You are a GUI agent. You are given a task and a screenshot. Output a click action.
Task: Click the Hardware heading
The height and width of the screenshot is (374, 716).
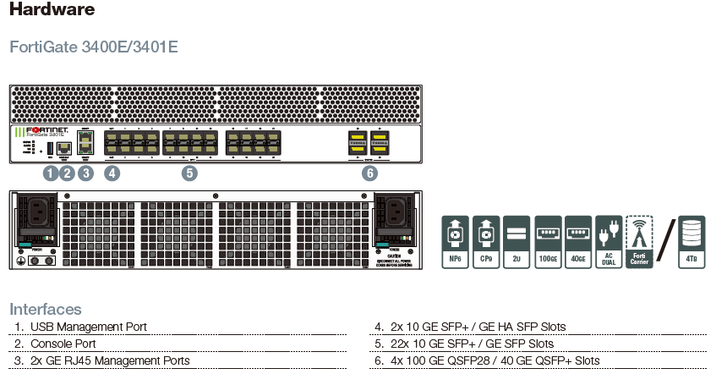click(x=52, y=10)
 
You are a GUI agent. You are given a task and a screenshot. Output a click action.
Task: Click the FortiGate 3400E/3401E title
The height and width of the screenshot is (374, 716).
click(x=93, y=47)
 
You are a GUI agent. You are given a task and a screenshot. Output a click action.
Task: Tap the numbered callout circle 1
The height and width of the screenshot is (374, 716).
click(x=50, y=173)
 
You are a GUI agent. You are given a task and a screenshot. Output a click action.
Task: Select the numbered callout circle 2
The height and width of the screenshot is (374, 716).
click(x=68, y=173)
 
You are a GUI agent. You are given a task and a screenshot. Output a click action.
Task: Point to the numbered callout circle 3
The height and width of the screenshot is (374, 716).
click(x=85, y=173)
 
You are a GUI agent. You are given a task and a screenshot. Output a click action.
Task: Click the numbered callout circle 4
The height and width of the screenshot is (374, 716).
click(x=112, y=173)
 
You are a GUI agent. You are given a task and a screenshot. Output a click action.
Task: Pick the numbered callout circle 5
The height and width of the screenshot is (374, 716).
click(x=189, y=173)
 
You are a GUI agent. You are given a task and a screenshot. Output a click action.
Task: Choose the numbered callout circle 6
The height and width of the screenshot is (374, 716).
click(x=369, y=173)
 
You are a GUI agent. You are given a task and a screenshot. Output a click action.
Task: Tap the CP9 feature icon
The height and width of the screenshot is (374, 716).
click(x=487, y=241)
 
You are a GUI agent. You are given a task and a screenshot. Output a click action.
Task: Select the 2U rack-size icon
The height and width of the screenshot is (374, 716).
click(x=517, y=241)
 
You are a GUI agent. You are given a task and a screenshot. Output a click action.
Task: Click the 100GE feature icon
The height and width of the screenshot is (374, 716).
click(x=548, y=241)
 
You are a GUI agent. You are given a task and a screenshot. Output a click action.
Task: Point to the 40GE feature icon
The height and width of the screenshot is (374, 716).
click(x=578, y=241)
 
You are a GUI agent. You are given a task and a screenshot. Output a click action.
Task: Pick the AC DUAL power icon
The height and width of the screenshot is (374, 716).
click(x=609, y=241)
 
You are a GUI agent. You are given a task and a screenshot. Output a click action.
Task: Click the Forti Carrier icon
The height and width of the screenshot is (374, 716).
click(x=639, y=241)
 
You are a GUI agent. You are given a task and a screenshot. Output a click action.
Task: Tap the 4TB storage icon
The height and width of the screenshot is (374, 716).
click(x=692, y=241)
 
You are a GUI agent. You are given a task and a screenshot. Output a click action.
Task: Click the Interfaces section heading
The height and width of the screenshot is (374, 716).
click(x=46, y=309)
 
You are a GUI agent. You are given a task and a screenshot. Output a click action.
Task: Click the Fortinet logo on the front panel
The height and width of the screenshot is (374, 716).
click(x=48, y=131)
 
